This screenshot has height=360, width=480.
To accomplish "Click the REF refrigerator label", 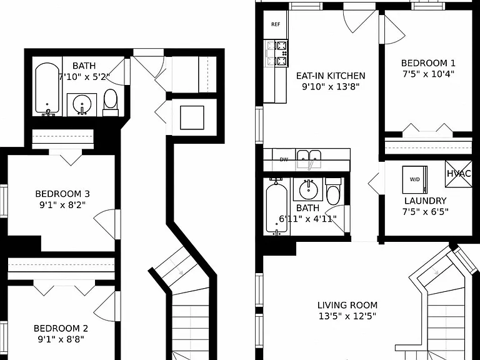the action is (x=276, y=24).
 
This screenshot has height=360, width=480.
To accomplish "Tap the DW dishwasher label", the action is (x=284, y=159).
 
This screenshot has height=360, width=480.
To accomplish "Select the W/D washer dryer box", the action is (x=415, y=180).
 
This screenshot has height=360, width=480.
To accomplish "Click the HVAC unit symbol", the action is (x=459, y=174).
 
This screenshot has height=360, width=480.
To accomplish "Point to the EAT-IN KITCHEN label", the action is (x=331, y=76).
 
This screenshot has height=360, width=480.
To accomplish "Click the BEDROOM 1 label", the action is (x=428, y=63).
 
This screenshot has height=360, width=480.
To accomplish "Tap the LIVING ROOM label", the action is (x=347, y=305).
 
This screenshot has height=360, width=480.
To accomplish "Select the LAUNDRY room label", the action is (x=425, y=201).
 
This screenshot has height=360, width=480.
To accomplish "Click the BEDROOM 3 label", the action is (x=62, y=194).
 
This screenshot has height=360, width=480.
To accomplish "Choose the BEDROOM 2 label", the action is (x=61, y=329).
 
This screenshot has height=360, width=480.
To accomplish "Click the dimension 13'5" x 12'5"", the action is (x=347, y=316).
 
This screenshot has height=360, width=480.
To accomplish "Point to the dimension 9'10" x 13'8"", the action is (x=331, y=87).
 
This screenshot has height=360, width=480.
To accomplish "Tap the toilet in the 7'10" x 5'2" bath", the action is (x=111, y=102).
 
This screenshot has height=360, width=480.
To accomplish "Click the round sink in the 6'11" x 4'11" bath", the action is (x=309, y=190).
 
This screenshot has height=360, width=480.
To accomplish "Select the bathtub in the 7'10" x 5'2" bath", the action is (x=47, y=89).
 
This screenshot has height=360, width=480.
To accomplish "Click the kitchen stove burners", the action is (x=282, y=54).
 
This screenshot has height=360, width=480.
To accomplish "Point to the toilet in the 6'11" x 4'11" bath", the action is (x=332, y=191).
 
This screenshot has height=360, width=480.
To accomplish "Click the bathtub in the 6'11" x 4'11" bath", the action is (x=277, y=207).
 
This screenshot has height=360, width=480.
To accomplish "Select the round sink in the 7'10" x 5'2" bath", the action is (x=82, y=104).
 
